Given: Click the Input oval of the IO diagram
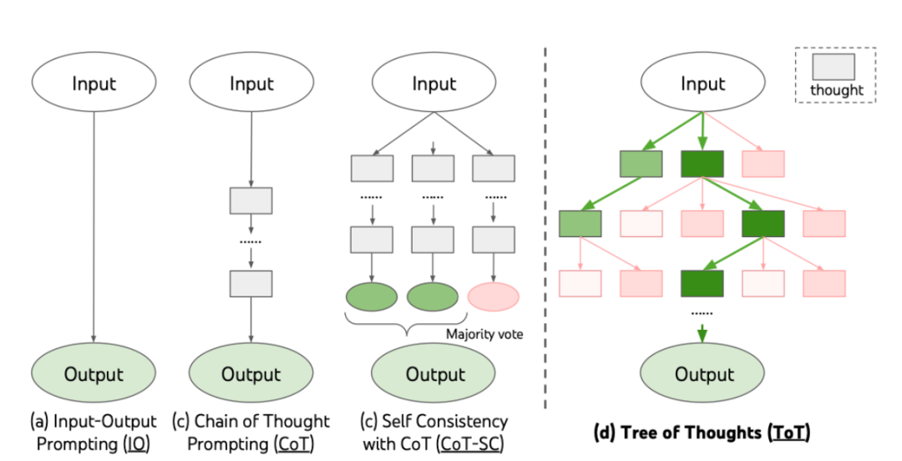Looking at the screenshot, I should point(94,84).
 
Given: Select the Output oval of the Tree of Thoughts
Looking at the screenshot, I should point(703,374).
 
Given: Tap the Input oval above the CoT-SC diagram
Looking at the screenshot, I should point(434,84).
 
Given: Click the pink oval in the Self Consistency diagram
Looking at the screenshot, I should point(494,296).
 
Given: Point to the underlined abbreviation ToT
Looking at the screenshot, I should point(791,432).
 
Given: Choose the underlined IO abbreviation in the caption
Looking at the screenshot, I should point(132,443).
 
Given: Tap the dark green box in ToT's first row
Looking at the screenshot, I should point(702,164).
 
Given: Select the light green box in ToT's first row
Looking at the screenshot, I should point(641,164).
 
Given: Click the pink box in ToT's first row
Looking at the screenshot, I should point(763,164).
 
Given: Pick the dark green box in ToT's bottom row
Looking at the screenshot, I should point(702,283).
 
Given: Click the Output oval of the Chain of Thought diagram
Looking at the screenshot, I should point(251,374).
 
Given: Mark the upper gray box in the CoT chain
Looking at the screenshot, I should point(251,200).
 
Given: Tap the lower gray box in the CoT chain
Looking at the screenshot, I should point(251,284).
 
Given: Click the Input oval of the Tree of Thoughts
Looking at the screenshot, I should point(703,84).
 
